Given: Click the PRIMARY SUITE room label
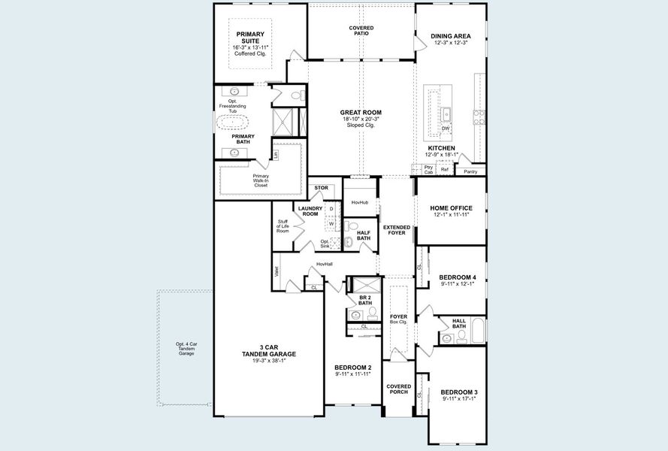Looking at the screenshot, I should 250,38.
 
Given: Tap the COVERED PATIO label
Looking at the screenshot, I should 361,31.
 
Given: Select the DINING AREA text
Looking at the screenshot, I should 451,35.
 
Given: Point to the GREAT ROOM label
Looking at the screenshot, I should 361,113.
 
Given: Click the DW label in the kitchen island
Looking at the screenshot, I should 446,129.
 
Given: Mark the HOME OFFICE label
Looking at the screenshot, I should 451,208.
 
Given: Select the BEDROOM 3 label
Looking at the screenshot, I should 459,392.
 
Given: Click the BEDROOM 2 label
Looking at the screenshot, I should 353,368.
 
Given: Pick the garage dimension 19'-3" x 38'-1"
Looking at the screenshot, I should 268,360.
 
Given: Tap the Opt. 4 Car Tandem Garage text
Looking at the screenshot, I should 186,348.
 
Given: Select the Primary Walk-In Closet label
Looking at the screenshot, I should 261,180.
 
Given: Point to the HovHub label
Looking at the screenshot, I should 358,202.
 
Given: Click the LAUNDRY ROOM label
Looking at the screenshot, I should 310,211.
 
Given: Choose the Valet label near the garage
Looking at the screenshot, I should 277,271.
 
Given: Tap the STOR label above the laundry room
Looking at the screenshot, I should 322,188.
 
